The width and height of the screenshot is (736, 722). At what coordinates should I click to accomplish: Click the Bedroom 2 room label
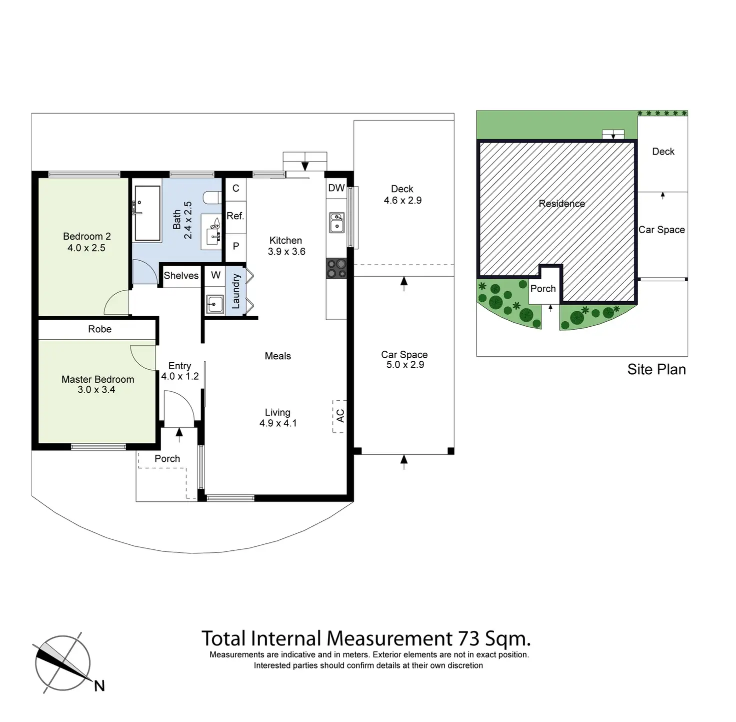tap(86, 236)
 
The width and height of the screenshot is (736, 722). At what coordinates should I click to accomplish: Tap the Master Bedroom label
tap(97, 379)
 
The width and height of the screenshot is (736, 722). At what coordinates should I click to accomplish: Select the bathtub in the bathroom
tap(146, 214)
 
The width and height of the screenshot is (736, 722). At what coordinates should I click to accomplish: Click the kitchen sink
tap(336, 223)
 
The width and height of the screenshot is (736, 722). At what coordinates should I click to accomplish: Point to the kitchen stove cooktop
tap(336, 268)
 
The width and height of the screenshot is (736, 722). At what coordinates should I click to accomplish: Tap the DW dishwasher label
tap(336, 188)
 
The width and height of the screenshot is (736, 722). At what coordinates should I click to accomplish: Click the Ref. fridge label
tap(235, 216)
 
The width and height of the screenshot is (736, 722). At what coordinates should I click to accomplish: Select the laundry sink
tap(215, 303)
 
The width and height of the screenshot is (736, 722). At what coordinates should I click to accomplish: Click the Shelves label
tap(181, 276)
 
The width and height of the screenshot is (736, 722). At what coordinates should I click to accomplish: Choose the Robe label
tap(99, 329)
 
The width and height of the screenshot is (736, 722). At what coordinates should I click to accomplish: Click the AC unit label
tap(340, 416)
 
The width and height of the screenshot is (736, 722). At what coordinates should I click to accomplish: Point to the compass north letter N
tap(99, 686)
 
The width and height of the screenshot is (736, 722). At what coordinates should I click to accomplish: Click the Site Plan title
tap(656, 369)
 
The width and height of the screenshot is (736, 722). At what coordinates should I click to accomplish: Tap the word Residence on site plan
tap(561, 204)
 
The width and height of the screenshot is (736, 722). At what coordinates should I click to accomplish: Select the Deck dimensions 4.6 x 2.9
tap(402, 201)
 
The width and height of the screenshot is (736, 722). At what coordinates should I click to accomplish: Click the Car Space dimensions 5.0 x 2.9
tap(405, 365)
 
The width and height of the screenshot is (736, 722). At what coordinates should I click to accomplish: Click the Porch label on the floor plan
tap(167, 459)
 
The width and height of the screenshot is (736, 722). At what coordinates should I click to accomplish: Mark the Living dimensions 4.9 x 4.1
tap(278, 423)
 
